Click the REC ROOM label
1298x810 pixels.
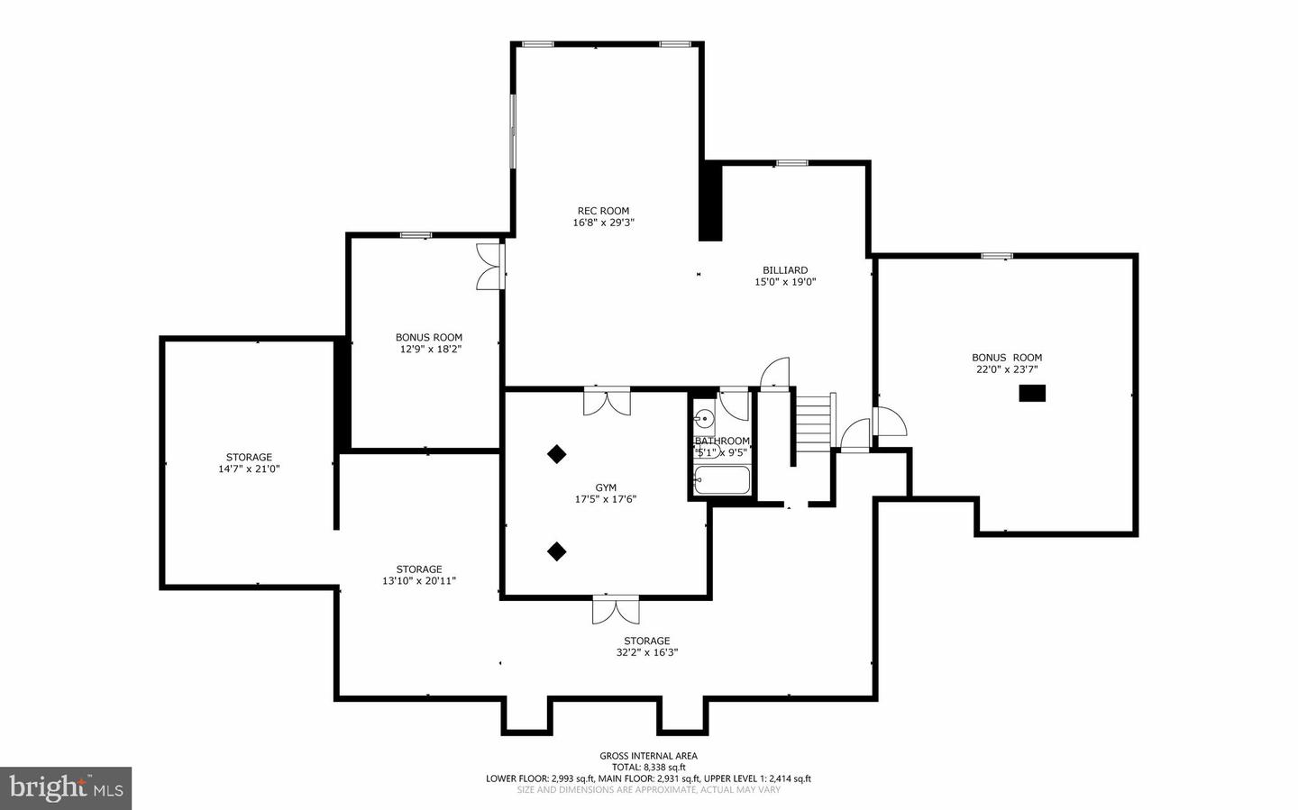pos(603,211)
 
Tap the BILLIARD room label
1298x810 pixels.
pos(785,270)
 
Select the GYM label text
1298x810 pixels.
pos(606,487)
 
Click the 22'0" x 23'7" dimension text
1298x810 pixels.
pos(1007,369)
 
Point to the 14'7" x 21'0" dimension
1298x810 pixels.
pos(249,469)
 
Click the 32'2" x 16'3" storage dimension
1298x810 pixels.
pos(646,653)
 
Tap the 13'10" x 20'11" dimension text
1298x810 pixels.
pos(419,581)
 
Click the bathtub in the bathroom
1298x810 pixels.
pos(722,480)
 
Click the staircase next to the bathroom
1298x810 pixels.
pos(814,419)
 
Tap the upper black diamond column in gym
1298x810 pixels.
pos(557,454)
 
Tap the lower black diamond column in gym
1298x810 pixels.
pos(557,551)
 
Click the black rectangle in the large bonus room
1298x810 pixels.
pos(1032,393)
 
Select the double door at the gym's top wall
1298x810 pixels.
pos(607,401)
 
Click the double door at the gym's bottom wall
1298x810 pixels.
pos(616,610)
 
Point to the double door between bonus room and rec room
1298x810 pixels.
pos(489,267)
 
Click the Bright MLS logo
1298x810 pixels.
pos(66,788)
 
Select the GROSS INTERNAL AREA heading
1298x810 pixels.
pos(648,756)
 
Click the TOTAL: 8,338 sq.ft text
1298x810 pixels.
pos(648,768)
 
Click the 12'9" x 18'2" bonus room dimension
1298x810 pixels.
pos(430,350)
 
